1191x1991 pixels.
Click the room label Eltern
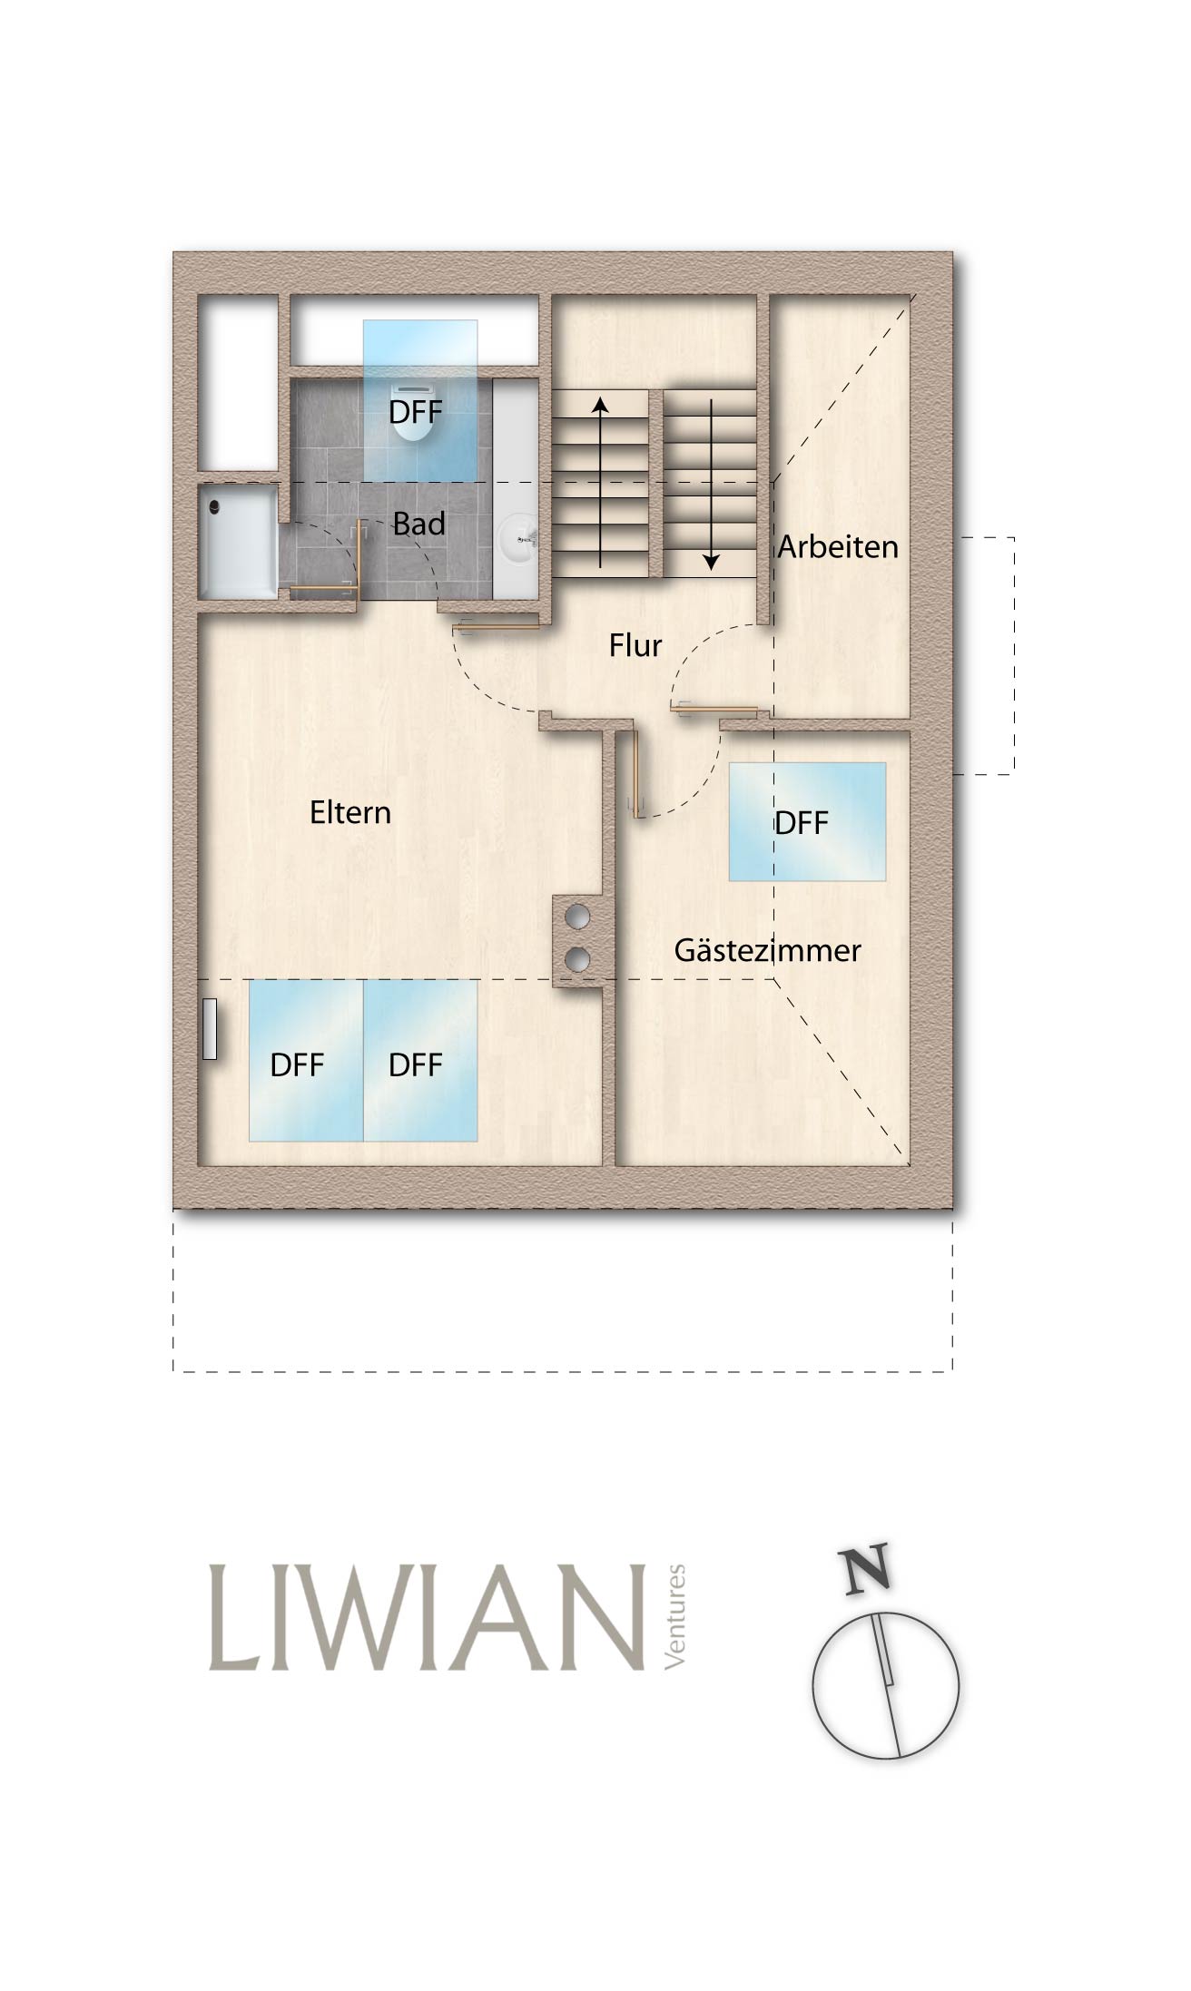coord(350,812)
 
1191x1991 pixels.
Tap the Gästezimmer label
coord(767,951)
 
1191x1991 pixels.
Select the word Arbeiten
coord(838,547)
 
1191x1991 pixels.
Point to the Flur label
coord(635,645)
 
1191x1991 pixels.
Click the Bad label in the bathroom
coord(418,524)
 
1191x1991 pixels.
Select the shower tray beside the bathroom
coord(238,542)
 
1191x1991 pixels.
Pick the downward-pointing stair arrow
coord(711,484)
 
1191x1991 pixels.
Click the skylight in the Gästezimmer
coord(807,821)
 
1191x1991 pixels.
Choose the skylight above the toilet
coord(420,400)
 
